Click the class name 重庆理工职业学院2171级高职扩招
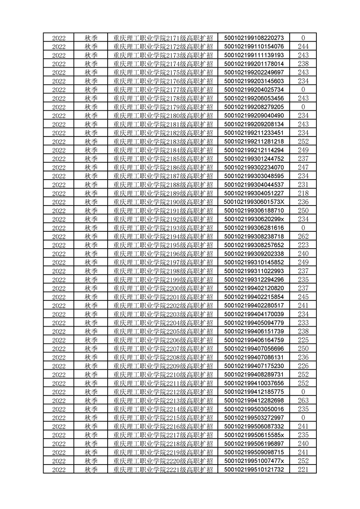tap(163, 38)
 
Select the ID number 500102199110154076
tap(254, 46)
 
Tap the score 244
tap(303, 46)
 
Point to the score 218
tap(303, 193)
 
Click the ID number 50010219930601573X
tap(254, 201)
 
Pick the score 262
tap(303, 236)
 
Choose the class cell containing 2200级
tap(163, 288)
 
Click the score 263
tap(303, 400)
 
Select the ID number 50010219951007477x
tap(254, 460)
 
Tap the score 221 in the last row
tap(303, 469)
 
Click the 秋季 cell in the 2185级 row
tap(91, 158)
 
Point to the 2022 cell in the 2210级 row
tap(59, 374)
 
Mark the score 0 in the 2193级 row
tap(303, 228)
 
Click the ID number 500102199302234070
tap(254, 167)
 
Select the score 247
tap(303, 167)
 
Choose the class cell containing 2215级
tap(163, 417)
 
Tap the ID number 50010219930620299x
tap(254, 219)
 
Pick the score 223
tap(303, 245)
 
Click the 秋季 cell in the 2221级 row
tap(91, 469)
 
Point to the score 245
tap(303, 297)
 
